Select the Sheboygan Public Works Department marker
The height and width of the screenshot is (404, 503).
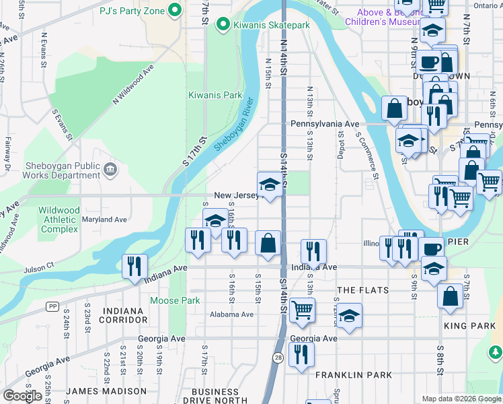click(x=110, y=171)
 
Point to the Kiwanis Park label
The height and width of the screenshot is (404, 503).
click(x=215, y=95)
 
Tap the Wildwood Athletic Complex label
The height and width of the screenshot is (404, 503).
click(x=59, y=220)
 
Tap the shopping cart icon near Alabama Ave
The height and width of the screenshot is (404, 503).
click(x=303, y=310)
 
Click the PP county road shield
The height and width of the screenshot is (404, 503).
click(x=52, y=306)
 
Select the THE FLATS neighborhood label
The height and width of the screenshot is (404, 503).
click(x=362, y=290)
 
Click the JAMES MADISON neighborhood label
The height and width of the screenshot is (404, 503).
click(x=106, y=391)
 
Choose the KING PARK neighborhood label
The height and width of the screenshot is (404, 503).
click(x=469, y=326)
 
